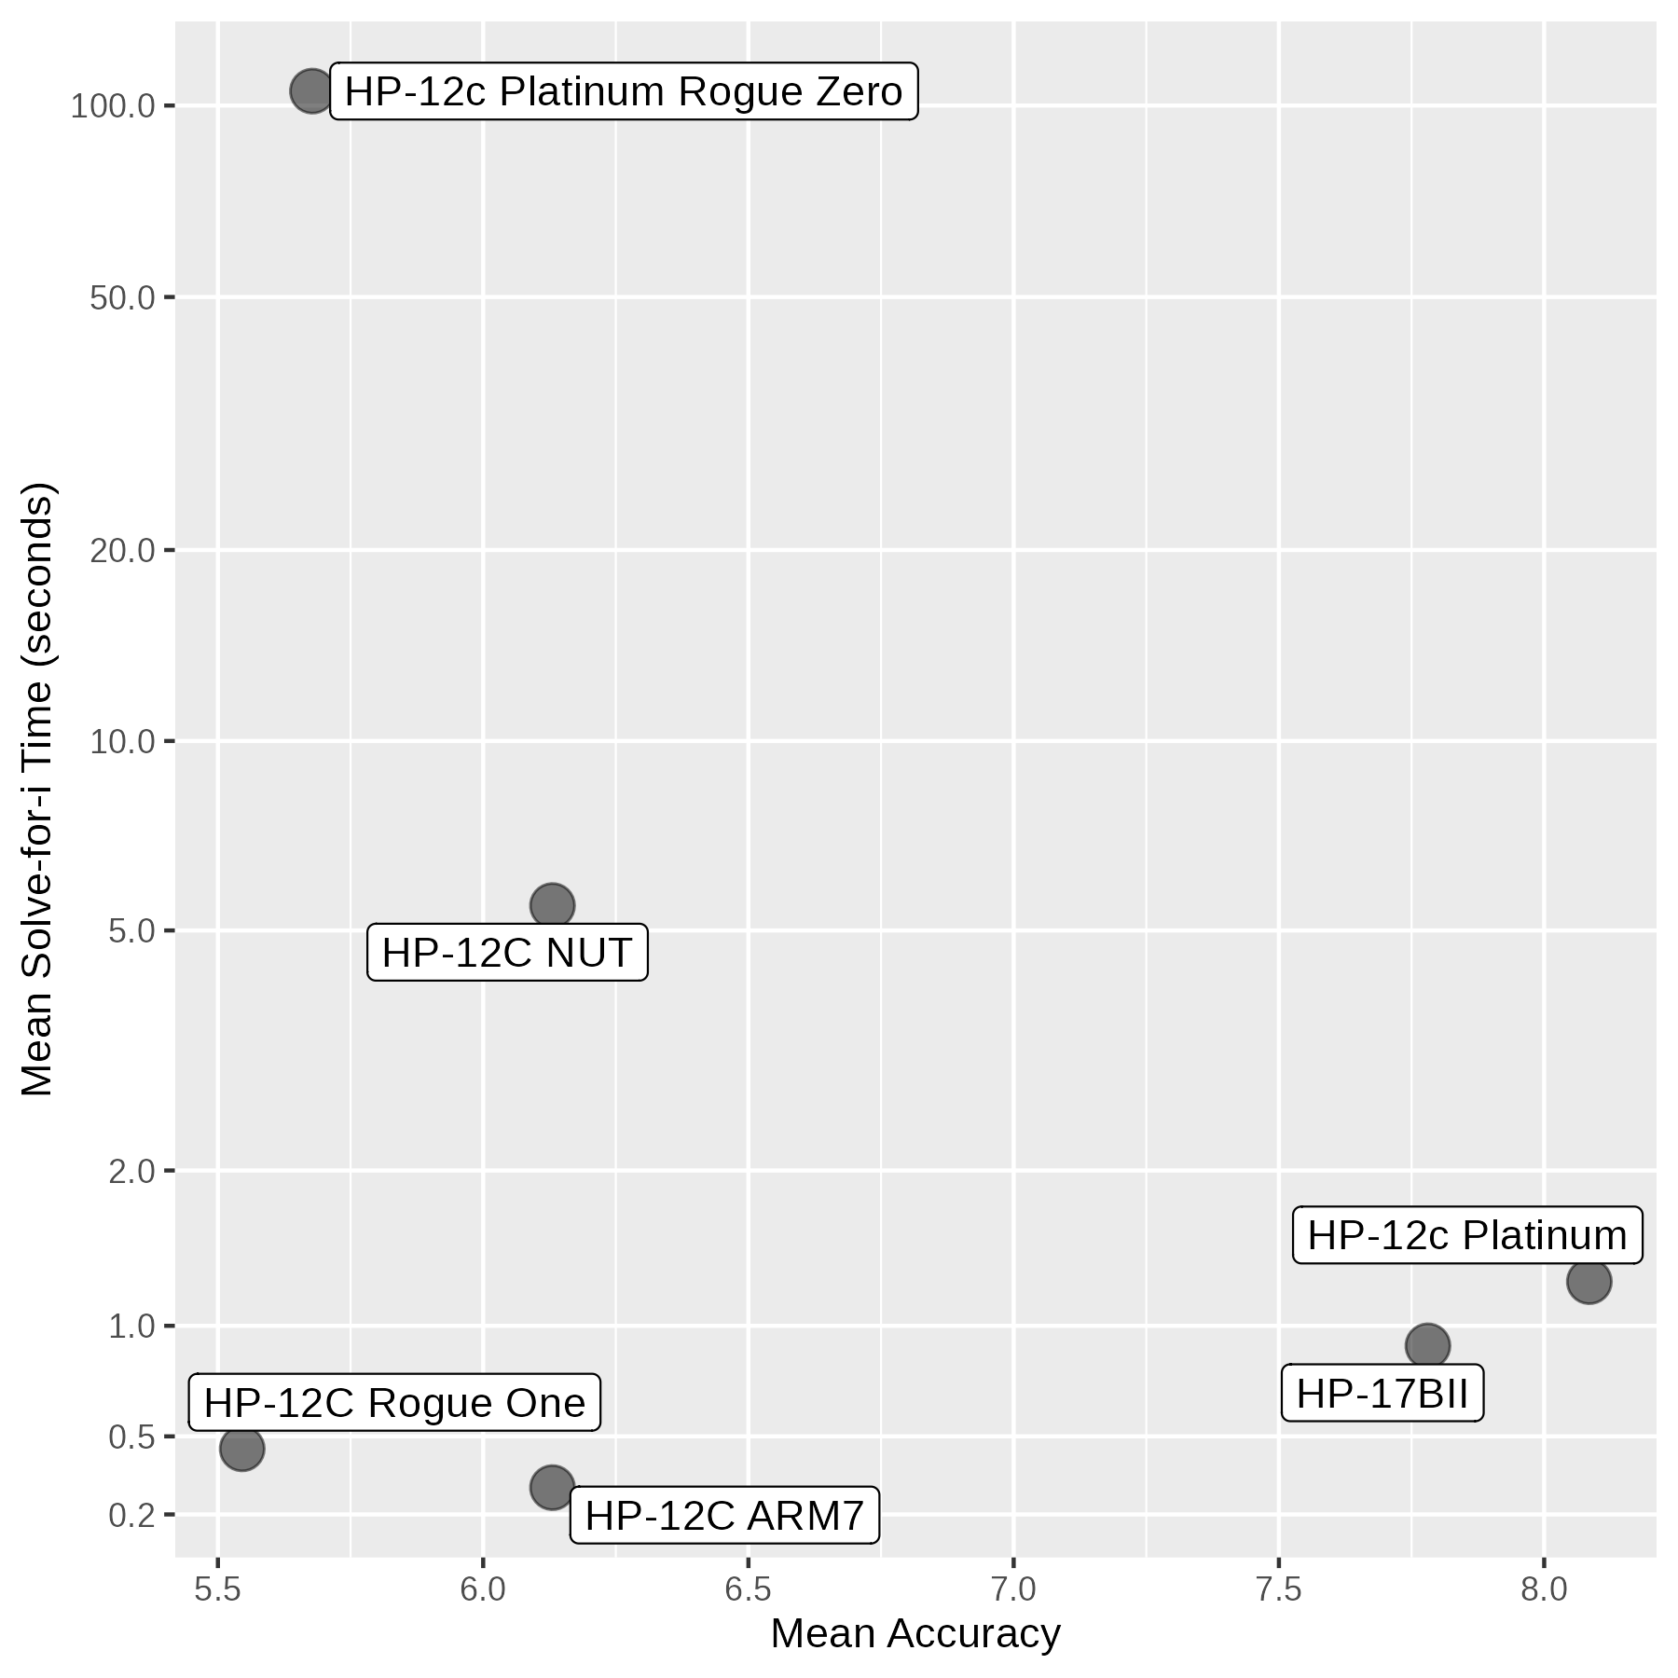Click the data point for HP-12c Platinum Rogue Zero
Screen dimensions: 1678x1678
click(311, 91)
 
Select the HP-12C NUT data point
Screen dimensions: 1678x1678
click(552, 905)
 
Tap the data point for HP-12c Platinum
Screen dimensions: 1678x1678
click(1589, 1282)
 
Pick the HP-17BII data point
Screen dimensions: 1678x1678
click(1427, 1346)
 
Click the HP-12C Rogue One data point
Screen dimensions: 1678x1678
click(241, 1449)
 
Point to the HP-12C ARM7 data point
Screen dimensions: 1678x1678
click(552, 1487)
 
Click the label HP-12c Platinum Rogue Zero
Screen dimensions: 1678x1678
click(624, 92)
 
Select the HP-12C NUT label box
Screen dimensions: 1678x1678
click(507, 953)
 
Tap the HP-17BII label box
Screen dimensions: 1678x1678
click(1382, 1395)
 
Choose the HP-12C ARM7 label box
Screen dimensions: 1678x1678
click(724, 1516)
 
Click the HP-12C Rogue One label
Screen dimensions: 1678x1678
click(394, 1403)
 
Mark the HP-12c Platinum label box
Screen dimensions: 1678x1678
click(1467, 1235)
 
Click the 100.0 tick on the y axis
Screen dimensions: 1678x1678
click(113, 107)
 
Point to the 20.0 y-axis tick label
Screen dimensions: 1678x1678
click(122, 551)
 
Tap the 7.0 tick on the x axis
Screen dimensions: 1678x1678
click(1013, 1589)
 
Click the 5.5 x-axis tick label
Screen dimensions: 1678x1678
click(218, 1589)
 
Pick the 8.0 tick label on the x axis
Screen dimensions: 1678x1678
click(1544, 1589)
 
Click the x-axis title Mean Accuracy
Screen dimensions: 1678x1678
click(915, 1634)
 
